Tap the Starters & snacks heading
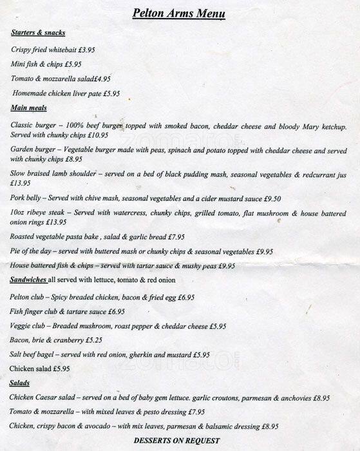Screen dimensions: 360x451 click(39, 33)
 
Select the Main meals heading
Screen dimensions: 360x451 click(29, 108)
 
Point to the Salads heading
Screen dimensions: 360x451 click(19, 383)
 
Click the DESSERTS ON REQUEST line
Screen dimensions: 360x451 click(176, 441)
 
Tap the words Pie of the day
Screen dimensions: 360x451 click(35, 251)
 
